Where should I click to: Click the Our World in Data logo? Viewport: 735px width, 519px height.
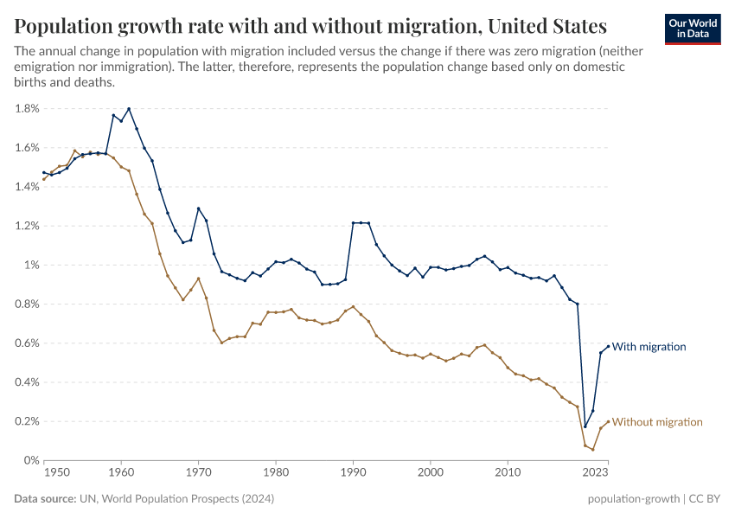(693, 29)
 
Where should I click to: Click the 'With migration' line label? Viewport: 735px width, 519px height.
(649, 347)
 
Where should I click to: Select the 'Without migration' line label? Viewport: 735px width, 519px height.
(657, 422)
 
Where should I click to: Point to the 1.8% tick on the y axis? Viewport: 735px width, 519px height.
(27, 109)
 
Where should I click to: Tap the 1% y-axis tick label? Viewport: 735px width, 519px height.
(30, 266)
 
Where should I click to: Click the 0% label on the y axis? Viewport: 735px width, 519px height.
(30, 461)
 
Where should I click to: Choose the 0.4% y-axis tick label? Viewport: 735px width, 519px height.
(27, 382)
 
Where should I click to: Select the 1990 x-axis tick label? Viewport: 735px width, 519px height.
(353, 474)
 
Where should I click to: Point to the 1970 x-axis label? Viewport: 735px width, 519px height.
(199, 474)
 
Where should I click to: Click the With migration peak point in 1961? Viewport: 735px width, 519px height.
(129, 109)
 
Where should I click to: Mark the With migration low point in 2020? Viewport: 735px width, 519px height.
(585, 426)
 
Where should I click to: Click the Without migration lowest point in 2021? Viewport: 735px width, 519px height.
(593, 450)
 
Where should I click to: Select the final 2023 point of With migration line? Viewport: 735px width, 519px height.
(608, 346)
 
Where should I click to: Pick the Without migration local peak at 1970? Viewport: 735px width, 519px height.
(199, 279)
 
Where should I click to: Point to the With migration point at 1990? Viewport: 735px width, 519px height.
(354, 223)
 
